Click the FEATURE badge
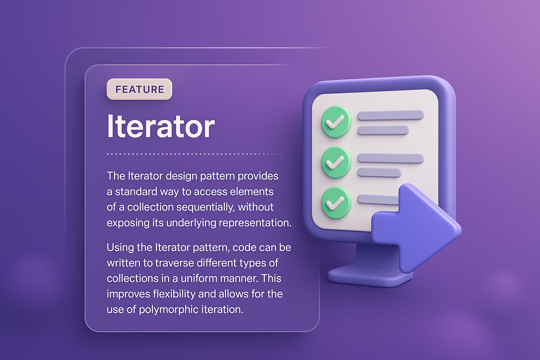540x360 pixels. point(140,89)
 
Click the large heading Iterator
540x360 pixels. point(161,126)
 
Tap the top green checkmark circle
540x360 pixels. point(336,122)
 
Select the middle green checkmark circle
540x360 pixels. point(336,162)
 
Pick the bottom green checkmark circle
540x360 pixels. point(336,202)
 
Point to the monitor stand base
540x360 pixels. point(369,276)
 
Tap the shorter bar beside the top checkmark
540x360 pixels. point(383,130)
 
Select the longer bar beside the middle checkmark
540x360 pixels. point(391,158)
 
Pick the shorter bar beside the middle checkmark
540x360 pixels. point(379,173)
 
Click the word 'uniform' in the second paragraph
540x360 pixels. point(199,278)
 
